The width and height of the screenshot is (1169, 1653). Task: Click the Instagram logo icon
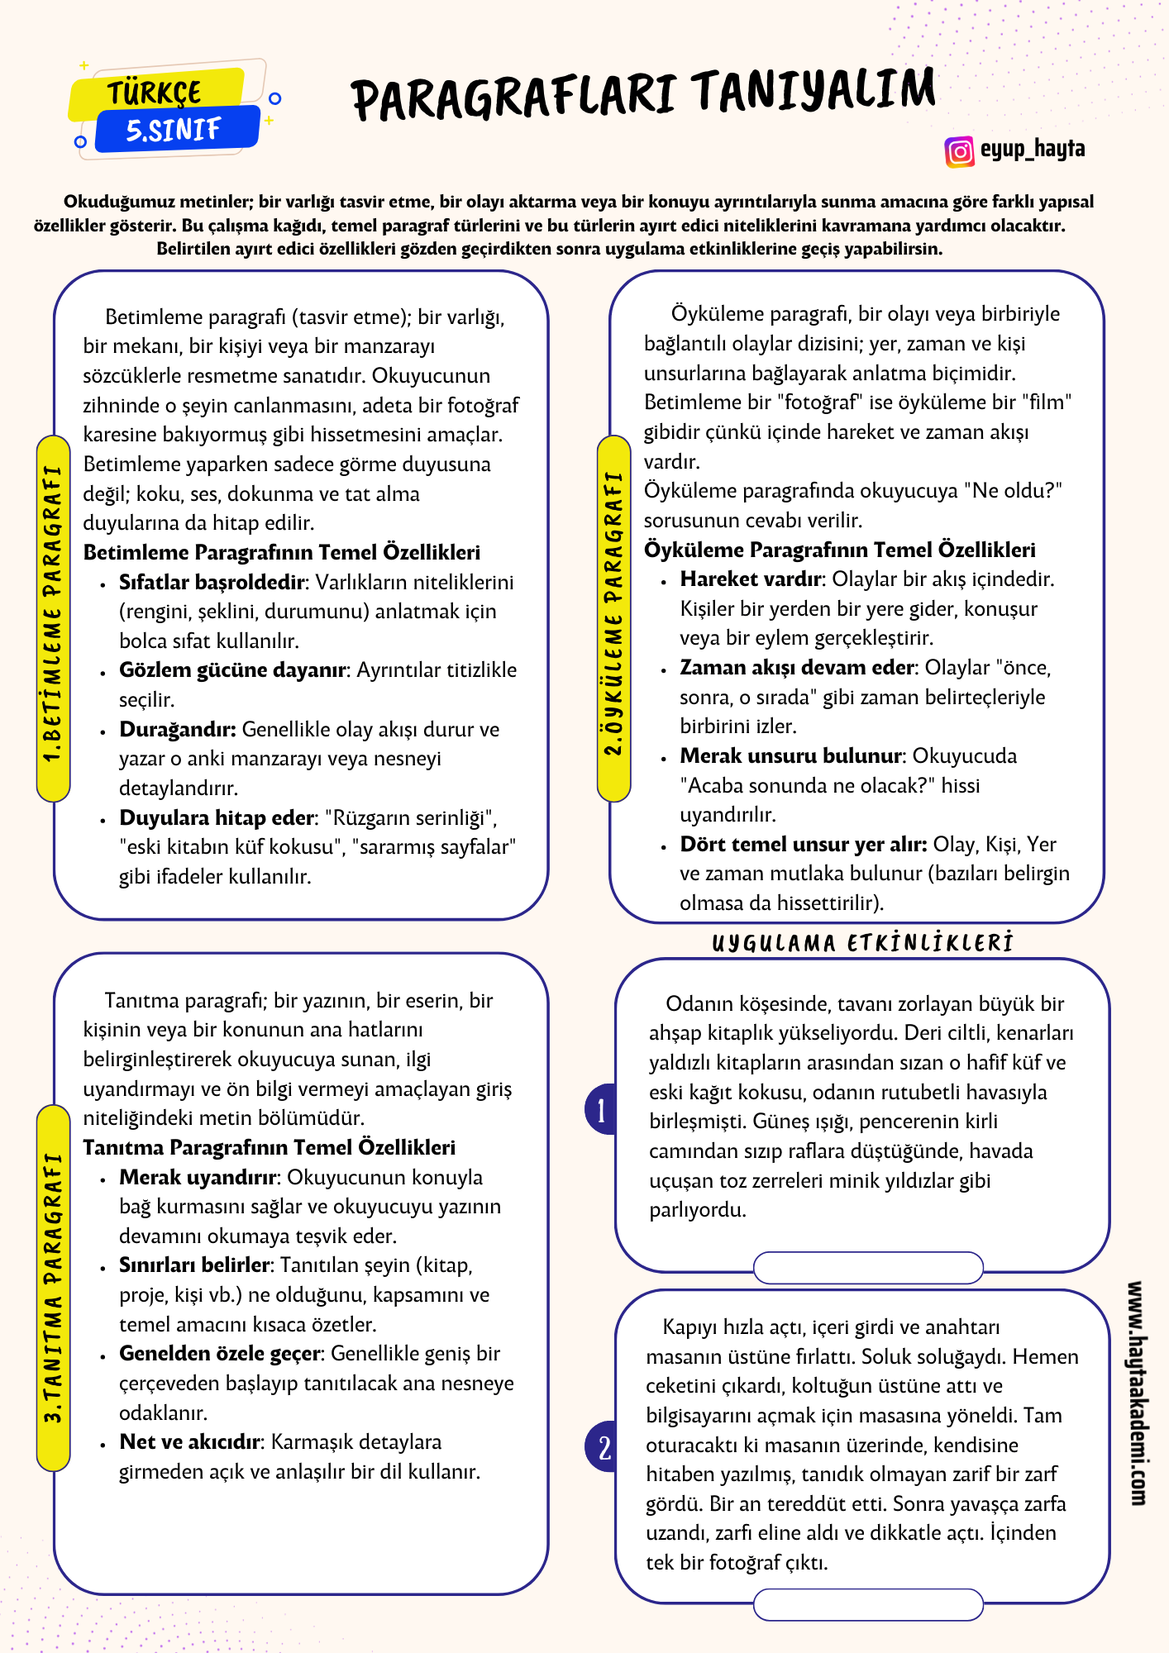pos(959,151)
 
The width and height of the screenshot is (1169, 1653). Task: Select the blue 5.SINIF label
pos(174,130)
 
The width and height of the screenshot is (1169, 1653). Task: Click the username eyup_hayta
pos(1033,150)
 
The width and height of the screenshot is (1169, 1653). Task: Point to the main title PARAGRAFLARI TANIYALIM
pos(644,93)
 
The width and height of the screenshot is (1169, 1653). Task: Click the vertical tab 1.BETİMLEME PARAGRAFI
pos(54,616)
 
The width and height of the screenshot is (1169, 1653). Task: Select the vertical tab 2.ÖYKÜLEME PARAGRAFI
pos(613,616)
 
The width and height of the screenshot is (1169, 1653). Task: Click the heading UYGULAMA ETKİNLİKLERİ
pos(862,943)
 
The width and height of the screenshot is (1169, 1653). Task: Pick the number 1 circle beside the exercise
pos(602,1109)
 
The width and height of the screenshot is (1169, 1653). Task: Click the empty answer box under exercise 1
pos(868,1267)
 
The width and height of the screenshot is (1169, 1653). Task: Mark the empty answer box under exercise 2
pos(868,1604)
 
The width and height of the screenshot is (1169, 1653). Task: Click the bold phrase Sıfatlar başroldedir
pos(212,582)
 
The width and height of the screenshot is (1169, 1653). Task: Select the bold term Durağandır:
pos(178,729)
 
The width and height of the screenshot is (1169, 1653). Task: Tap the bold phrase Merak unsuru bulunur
pos(790,755)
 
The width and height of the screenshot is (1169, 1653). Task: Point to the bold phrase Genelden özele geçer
pos(219,1353)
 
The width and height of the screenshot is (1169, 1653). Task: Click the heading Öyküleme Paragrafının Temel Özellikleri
pos(839,550)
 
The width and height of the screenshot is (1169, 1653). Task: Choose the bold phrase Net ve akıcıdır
pos(190,1441)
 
